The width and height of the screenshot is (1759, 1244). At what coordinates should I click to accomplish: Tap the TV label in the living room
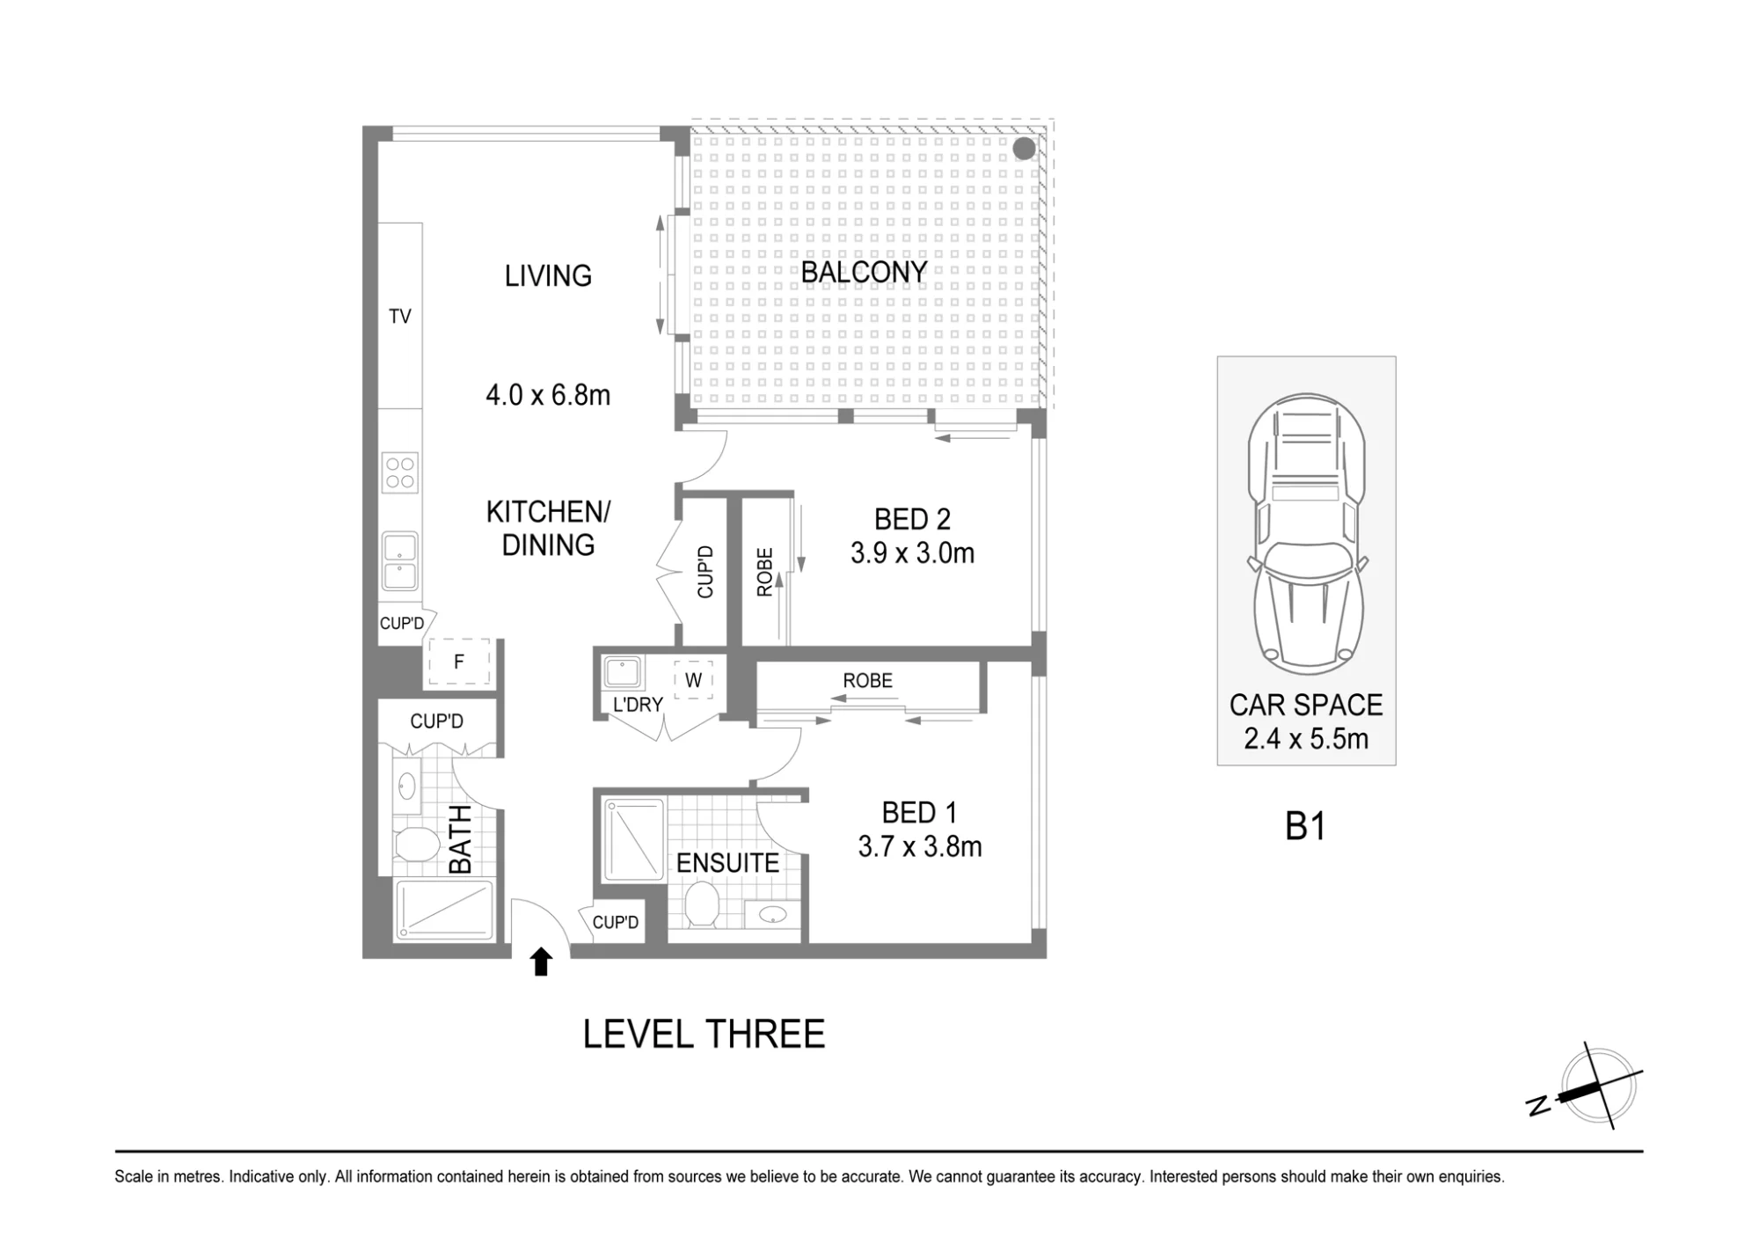(x=400, y=317)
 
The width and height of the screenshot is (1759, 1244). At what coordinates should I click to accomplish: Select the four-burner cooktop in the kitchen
(x=399, y=472)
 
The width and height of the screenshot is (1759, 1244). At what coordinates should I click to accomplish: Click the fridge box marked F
(x=458, y=662)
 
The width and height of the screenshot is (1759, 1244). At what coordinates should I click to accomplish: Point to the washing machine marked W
(x=693, y=680)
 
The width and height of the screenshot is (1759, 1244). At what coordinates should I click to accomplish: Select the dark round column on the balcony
(x=1024, y=149)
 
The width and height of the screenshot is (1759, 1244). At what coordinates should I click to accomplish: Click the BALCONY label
(x=864, y=273)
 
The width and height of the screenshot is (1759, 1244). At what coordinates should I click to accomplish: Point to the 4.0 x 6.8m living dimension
(x=548, y=395)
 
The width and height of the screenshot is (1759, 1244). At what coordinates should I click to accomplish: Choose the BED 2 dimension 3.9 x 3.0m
(x=913, y=553)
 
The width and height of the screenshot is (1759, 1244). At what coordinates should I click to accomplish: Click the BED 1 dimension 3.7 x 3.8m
(x=920, y=846)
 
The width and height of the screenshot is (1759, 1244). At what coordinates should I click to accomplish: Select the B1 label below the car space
(x=1305, y=827)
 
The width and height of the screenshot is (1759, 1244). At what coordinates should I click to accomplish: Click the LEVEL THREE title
(x=704, y=1034)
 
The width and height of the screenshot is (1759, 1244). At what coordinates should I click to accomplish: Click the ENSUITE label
(x=727, y=863)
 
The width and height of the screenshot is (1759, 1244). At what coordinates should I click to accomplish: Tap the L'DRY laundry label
(x=638, y=705)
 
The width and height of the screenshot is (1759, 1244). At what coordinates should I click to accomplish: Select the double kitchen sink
(x=399, y=561)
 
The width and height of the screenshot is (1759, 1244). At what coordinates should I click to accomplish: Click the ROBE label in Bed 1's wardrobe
(x=867, y=681)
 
